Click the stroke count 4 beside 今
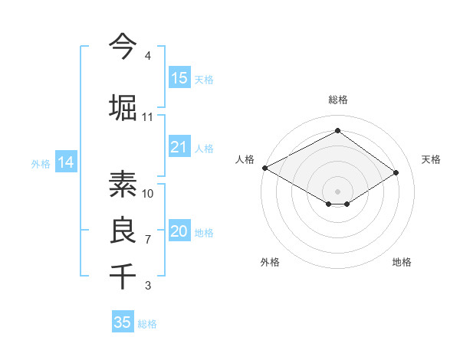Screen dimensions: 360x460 click(x=148, y=56)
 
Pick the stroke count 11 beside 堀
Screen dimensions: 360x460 click(x=148, y=117)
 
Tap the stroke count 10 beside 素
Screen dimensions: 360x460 click(x=148, y=193)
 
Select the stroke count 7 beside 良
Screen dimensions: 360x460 click(x=148, y=240)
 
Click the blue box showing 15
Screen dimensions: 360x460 click(x=179, y=78)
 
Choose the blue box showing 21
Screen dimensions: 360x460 click(x=179, y=147)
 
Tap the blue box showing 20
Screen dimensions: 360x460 click(x=179, y=232)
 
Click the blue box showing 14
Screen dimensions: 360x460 click(x=65, y=162)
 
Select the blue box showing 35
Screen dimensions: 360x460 click(x=123, y=322)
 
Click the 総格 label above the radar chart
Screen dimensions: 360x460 click(x=337, y=100)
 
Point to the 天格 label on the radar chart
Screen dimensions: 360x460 click(x=431, y=159)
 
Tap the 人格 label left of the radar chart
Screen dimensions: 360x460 click(x=245, y=159)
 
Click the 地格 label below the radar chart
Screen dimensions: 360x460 click(x=402, y=262)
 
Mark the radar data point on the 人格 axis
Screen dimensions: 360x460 click(x=264, y=168)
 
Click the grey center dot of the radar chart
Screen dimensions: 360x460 click(x=337, y=191)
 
